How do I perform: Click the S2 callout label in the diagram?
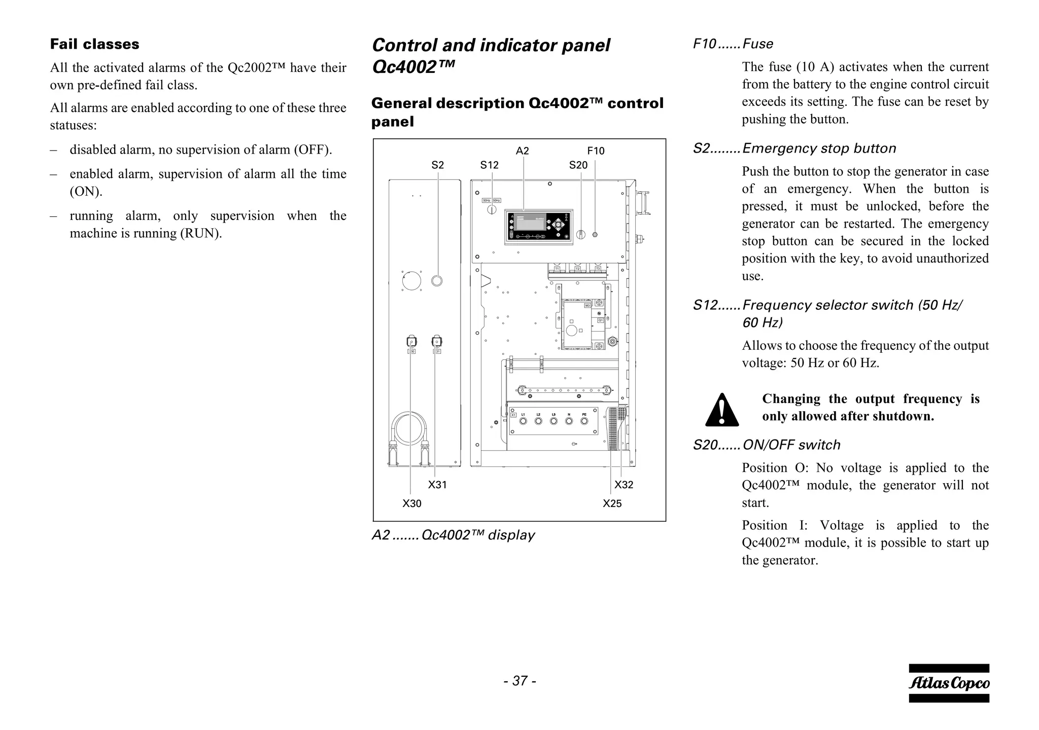click(x=437, y=165)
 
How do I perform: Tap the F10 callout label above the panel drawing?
click(x=596, y=151)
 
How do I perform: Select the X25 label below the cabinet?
click(x=612, y=503)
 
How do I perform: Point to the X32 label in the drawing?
click(x=624, y=485)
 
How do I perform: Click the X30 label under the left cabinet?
click(x=412, y=503)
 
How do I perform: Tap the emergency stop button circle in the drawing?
click(x=436, y=280)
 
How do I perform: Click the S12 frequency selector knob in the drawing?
click(x=492, y=209)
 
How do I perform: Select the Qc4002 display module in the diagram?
click(x=539, y=227)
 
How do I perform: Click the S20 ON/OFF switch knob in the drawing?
click(x=581, y=234)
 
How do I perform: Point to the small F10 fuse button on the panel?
click(x=595, y=234)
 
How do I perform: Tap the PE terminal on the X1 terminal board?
click(x=584, y=421)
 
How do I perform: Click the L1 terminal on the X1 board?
click(x=523, y=421)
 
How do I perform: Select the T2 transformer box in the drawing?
click(x=577, y=268)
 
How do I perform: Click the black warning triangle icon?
click(x=722, y=410)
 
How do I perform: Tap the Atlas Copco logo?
click(x=949, y=683)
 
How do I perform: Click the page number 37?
click(x=519, y=681)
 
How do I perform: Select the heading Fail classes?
click(x=94, y=44)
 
